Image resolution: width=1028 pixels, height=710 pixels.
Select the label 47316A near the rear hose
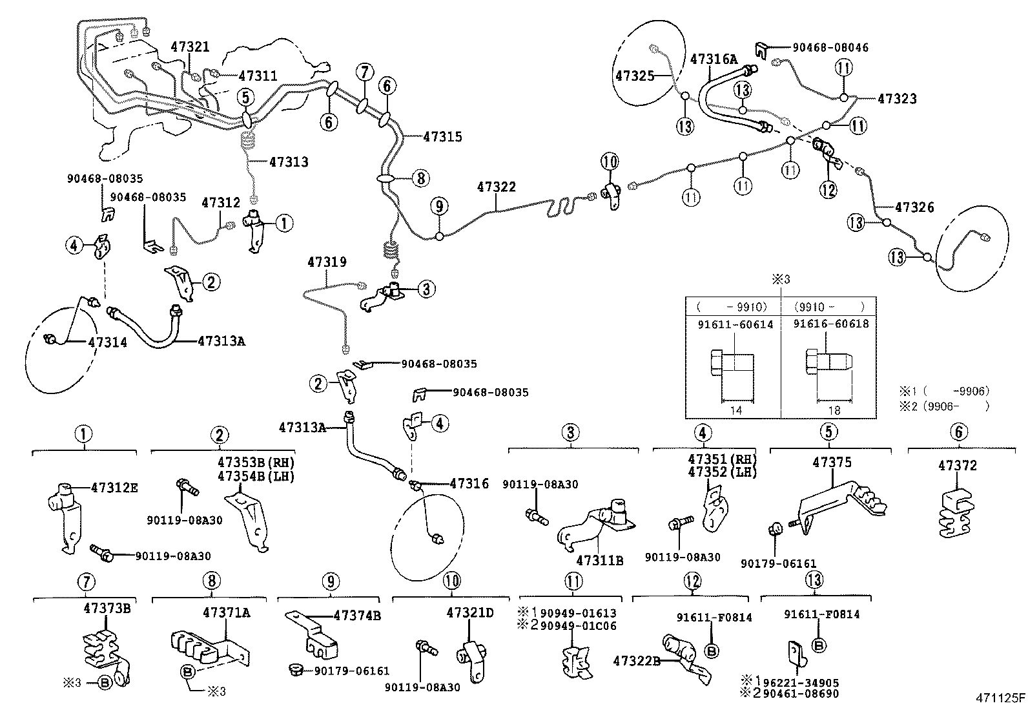pos(714,59)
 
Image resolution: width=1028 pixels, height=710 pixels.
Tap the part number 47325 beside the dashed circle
pos(635,76)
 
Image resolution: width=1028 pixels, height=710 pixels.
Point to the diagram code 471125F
pos(1000,698)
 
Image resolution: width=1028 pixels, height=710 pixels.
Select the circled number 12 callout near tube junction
pos(828,189)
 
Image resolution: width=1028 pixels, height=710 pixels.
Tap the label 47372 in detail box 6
pos(958,465)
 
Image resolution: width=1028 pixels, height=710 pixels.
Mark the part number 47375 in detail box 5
pos(832,463)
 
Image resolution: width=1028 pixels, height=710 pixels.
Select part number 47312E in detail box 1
pos(114,488)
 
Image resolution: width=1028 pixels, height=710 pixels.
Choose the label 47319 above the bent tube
pos(327,262)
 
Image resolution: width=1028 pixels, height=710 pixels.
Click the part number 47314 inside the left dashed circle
pos(107,342)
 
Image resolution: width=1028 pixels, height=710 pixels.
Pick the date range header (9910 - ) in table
pos(828,307)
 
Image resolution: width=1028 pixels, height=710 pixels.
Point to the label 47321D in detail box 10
pos(469,612)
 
